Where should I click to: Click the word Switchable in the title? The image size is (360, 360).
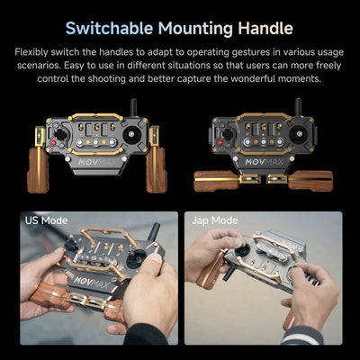click(110, 29)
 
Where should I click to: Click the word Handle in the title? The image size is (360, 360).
click(265, 29)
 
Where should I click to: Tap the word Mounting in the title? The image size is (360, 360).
click(195, 29)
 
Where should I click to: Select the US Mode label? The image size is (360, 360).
click(46, 220)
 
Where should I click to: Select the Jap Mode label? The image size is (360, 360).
click(215, 220)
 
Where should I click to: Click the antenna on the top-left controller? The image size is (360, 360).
click(133, 107)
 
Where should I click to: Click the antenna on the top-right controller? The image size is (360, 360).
click(298, 107)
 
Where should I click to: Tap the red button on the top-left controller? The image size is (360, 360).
click(53, 143)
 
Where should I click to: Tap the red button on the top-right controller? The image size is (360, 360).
click(220, 143)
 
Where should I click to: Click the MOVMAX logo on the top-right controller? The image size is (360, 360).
click(264, 162)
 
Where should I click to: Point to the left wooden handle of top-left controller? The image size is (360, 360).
click(38, 169)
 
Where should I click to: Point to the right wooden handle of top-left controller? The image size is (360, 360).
click(157, 169)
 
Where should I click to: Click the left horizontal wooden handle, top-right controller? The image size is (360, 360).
click(216, 181)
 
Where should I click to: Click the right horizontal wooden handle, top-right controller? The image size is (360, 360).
click(310, 181)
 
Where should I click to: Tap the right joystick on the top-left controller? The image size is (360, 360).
click(131, 134)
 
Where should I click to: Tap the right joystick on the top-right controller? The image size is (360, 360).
click(299, 134)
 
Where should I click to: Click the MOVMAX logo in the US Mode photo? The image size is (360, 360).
click(92, 282)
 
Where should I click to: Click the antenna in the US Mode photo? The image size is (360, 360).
click(154, 231)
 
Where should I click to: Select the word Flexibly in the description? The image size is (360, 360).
click(31, 52)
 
